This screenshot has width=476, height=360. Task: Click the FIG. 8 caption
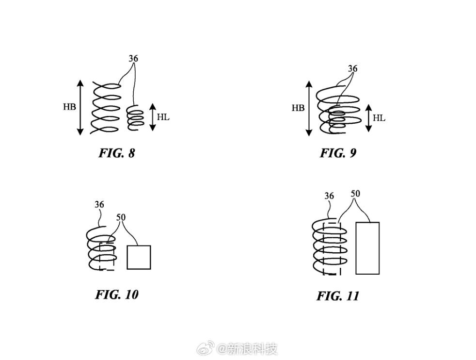pos(117,153)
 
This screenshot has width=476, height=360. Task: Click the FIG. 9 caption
pos(338,153)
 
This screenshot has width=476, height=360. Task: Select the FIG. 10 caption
pos(117,295)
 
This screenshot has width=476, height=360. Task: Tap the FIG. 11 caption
pos(338,296)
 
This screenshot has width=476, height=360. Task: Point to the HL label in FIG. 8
pos(163,117)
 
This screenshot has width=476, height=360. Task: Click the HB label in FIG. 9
pos(298,108)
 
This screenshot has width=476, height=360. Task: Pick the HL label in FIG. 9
pos(380,118)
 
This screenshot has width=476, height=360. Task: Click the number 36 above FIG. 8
pos(133,59)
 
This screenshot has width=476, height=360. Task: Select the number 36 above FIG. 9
pos(353,69)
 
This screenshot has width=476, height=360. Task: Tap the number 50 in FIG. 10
pos(121,217)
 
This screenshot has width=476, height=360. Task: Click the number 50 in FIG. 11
pos(355,194)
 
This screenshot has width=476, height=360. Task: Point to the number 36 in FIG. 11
pos(329,196)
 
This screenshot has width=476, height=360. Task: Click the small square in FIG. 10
pos(139,257)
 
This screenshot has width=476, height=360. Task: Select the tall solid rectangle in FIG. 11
pos(367,248)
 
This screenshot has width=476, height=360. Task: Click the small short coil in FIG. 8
pos(135,117)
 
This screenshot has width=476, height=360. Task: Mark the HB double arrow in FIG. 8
pos(80,107)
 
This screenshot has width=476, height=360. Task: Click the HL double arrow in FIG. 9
pos(368,118)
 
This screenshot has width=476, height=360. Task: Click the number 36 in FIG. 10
pos(99,205)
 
